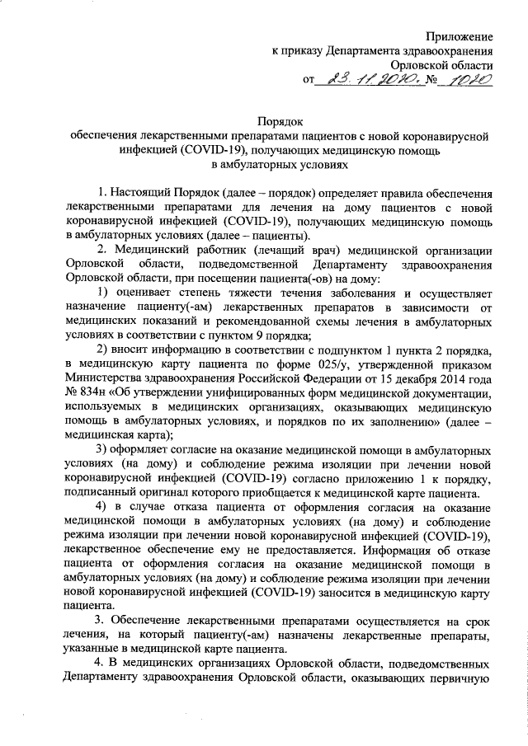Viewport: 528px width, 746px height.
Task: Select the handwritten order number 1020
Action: (x=465, y=80)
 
